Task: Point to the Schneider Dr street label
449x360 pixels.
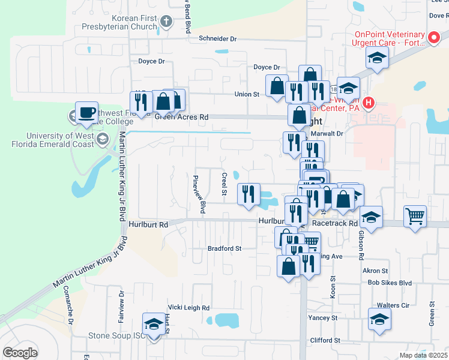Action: point(218,38)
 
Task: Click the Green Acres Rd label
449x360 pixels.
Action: point(182,118)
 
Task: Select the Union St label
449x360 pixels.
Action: point(246,94)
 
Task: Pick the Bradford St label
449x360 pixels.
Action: point(224,248)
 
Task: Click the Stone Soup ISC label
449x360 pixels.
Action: point(117,335)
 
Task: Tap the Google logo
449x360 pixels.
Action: point(20,352)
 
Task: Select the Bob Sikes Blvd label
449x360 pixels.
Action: point(390,283)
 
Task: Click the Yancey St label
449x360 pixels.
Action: point(323,317)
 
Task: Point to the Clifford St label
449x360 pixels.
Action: point(325,340)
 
